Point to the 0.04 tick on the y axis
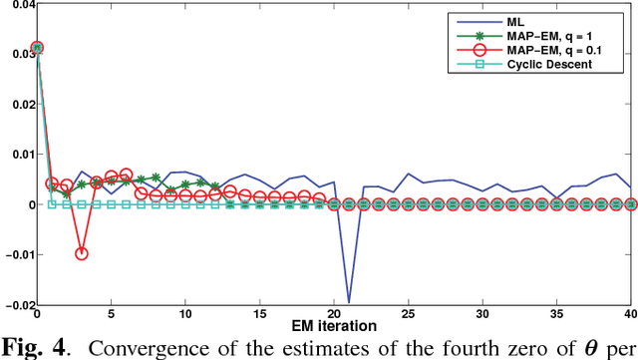tap(17, 6)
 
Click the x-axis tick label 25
tap(408, 313)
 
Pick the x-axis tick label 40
tap(629, 313)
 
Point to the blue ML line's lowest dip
tap(349, 300)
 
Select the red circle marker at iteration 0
tap(37, 47)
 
